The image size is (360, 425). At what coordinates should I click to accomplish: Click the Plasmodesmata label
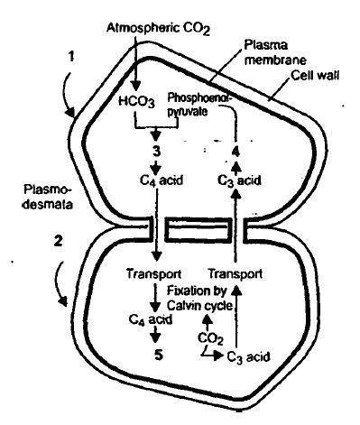pos(40,199)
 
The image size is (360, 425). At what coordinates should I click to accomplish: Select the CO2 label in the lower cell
pos(209,339)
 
